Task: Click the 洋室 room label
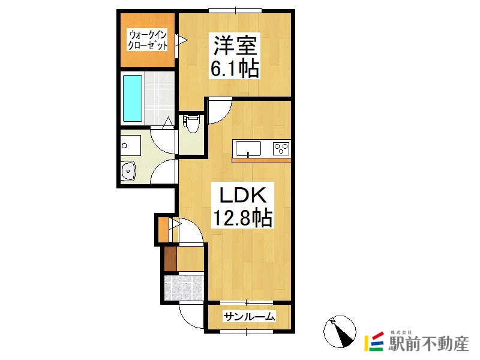click(x=235, y=46)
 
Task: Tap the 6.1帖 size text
click(x=235, y=68)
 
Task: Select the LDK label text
click(x=243, y=194)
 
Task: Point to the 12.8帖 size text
click(x=242, y=217)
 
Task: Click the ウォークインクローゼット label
click(x=148, y=40)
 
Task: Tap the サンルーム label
click(x=250, y=316)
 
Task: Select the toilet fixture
click(x=192, y=123)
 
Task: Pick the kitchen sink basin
click(x=248, y=148)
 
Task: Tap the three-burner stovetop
click(x=281, y=148)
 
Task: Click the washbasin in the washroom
click(x=128, y=171)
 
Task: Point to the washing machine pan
click(x=131, y=145)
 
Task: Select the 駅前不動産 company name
click(x=428, y=343)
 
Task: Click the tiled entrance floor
click(x=184, y=288)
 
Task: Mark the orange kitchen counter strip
click(x=261, y=160)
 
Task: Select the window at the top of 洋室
click(x=235, y=11)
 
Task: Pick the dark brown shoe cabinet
click(x=170, y=259)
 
